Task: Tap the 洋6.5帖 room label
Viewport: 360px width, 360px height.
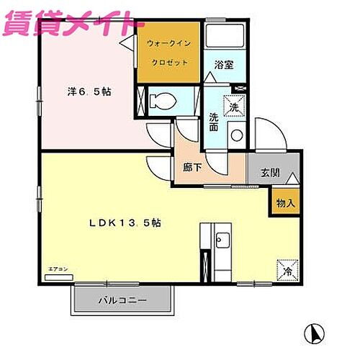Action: click(90, 92)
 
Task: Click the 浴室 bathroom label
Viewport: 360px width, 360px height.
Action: click(222, 65)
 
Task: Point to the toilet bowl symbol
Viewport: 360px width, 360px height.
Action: click(163, 100)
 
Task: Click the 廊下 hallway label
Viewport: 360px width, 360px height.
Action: click(192, 167)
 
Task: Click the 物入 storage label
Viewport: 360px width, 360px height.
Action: click(286, 204)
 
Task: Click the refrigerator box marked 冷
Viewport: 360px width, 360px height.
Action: click(286, 269)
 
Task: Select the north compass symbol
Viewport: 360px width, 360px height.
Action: click(313, 333)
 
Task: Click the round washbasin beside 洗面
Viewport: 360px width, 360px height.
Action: click(236, 135)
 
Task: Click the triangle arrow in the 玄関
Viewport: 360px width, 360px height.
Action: click(292, 177)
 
